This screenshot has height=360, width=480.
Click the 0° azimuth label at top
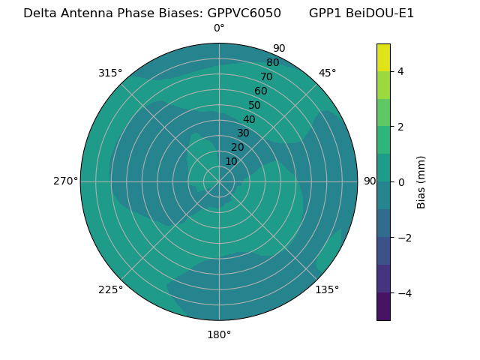click(x=219, y=28)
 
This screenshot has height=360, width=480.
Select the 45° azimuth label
click(x=327, y=73)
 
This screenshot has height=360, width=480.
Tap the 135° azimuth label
click(x=327, y=289)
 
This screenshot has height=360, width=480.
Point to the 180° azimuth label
click(x=219, y=334)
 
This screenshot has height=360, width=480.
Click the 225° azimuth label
click(x=110, y=289)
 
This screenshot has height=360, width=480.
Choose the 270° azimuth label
click(x=65, y=181)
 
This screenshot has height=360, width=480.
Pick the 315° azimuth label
click(x=110, y=73)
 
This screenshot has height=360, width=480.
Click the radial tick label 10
click(x=231, y=161)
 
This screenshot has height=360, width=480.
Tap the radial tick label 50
click(x=254, y=105)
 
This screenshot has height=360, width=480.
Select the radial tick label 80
click(x=272, y=62)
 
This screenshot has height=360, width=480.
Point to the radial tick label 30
click(x=243, y=133)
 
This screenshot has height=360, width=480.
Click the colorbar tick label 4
click(x=400, y=71)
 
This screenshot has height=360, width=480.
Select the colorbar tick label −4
click(x=403, y=293)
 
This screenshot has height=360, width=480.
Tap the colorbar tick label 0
click(x=400, y=182)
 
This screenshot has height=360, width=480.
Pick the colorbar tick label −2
click(x=403, y=238)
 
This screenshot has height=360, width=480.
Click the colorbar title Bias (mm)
click(x=421, y=181)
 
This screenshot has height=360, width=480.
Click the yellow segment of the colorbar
click(x=383, y=57)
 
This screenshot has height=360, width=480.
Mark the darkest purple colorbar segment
click(x=383, y=307)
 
